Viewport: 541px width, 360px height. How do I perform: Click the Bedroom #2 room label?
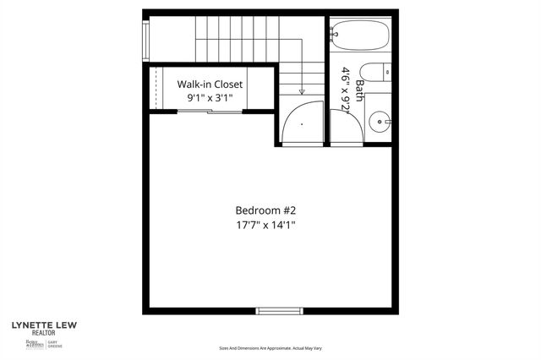tap(265, 210)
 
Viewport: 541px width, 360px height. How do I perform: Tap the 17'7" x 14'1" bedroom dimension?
tap(265, 225)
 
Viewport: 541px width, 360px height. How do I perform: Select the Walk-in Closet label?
tap(210, 85)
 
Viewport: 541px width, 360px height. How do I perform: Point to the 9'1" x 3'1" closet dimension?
tap(210, 98)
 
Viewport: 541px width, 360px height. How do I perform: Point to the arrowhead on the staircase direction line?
tap(302, 91)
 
